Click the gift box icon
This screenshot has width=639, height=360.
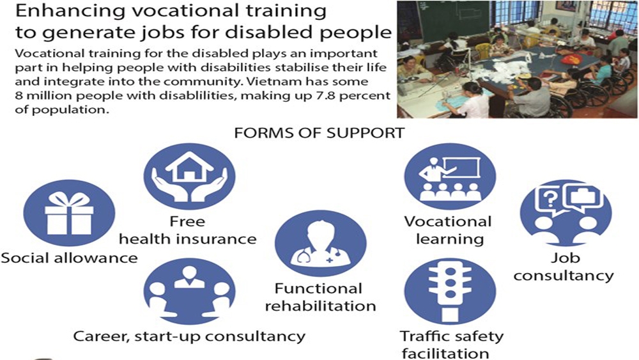pos(69,213)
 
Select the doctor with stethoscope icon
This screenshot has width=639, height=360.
pos(320,244)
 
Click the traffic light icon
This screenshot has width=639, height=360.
pos(450,291)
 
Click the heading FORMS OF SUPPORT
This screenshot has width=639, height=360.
pos(319,133)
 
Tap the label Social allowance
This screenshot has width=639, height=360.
pos(69,258)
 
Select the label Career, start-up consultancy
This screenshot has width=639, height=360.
pos(189,336)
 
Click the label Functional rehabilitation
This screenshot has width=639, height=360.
pos(320,297)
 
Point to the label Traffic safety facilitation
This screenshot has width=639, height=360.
pos(451,345)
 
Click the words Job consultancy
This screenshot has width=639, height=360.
pos(564,267)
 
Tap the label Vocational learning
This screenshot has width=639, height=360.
pos(448,230)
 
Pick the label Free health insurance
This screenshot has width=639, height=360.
pos(187,230)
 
